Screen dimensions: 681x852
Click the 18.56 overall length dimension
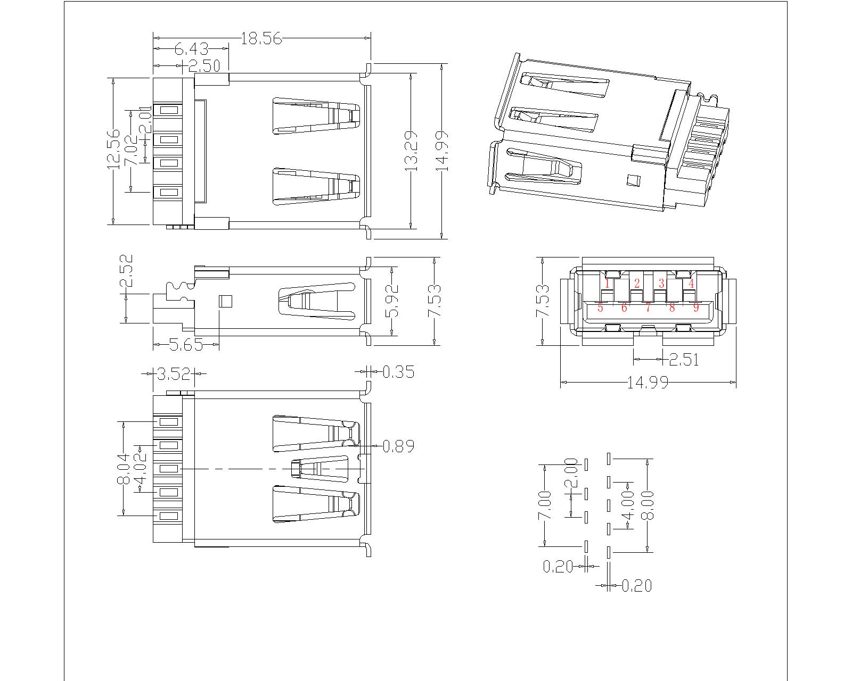coord(261,38)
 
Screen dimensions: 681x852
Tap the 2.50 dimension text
coord(204,66)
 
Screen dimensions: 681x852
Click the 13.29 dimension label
coord(410,151)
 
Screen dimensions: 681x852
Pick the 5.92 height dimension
coord(392,301)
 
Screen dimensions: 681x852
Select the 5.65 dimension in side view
coord(186,345)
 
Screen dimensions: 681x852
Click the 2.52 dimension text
coord(126,271)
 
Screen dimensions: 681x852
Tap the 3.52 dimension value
coord(174,374)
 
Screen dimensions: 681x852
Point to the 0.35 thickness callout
coord(398,371)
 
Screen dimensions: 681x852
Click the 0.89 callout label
coord(398,446)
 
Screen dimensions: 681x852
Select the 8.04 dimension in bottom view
coord(124,468)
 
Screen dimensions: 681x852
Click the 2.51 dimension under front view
coord(683,360)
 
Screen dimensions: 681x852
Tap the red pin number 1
coord(607,284)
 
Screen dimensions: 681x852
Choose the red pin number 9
coord(695,307)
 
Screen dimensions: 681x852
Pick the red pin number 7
coord(648,307)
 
